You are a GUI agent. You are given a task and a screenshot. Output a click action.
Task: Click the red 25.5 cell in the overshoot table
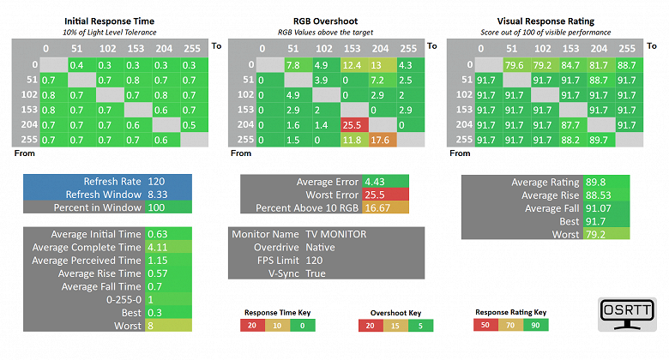[353, 124]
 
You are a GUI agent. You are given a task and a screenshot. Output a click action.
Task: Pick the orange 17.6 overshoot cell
[381, 140]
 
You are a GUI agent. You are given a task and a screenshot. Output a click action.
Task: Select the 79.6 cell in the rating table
[515, 64]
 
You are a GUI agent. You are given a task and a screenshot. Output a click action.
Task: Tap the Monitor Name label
[268, 234]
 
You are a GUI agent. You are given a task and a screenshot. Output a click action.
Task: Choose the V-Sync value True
[316, 273]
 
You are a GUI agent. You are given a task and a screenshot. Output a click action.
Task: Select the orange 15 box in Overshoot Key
[395, 325]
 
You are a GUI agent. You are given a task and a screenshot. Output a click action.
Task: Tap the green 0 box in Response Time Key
[300, 325]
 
